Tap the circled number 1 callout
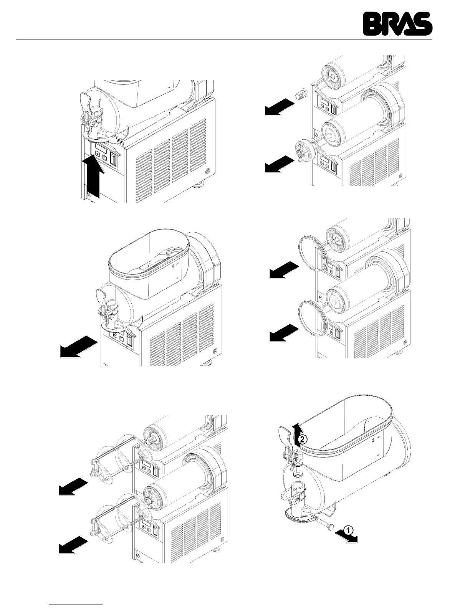click(x=347, y=530)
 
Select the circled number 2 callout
click(x=303, y=439)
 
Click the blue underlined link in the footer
click(x=77, y=604)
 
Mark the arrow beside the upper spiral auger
click(x=73, y=486)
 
